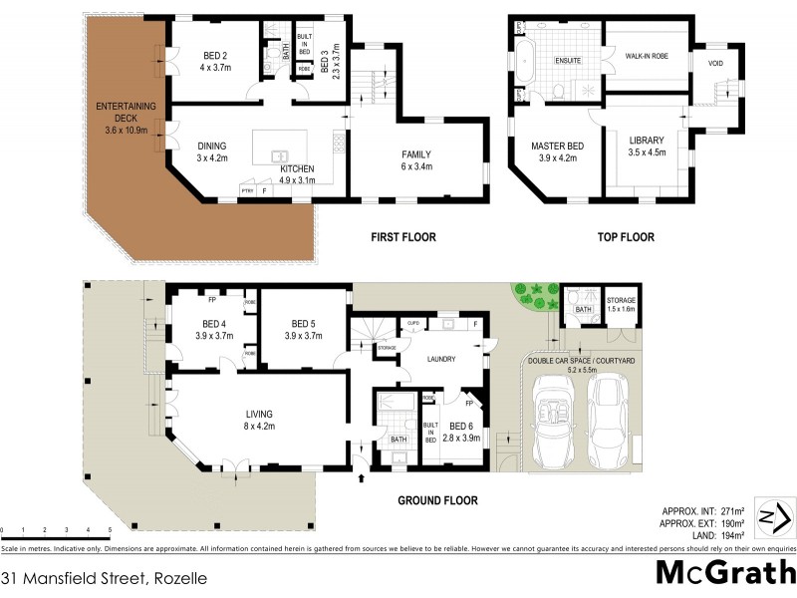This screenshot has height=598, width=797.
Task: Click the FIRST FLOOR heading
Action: coord(403,237)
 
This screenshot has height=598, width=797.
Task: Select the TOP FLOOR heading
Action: coord(625,237)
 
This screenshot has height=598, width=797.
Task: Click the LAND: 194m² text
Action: coord(709,530)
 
